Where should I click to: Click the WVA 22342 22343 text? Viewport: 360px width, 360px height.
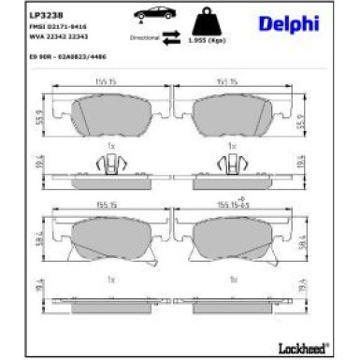[x=56, y=37]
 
